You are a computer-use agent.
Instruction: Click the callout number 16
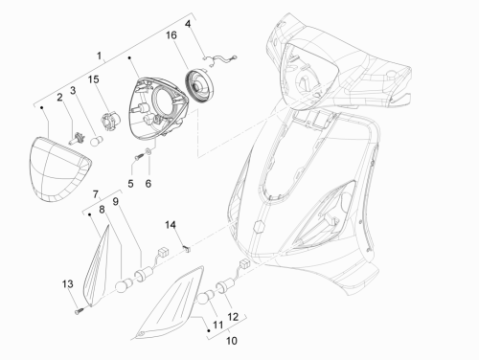(171, 35)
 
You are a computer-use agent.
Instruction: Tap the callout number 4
(188, 24)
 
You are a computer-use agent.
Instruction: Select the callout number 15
(94, 79)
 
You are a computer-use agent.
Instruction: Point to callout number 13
(67, 283)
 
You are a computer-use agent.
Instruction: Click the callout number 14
(171, 225)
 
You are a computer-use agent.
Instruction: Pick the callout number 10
(232, 341)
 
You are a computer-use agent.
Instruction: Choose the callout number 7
(96, 194)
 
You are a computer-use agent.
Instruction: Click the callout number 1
(99, 56)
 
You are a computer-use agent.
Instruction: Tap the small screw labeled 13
(79, 310)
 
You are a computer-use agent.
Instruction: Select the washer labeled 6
(148, 151)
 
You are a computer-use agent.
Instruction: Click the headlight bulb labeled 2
(77, 139)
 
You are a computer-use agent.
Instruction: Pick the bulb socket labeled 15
(110, 121)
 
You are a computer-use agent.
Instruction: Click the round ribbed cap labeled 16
(199, 86)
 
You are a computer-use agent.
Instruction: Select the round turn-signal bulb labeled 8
(124, 284)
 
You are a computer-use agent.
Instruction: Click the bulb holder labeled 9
(145, 276)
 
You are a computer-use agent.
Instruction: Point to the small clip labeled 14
(187, 248)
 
